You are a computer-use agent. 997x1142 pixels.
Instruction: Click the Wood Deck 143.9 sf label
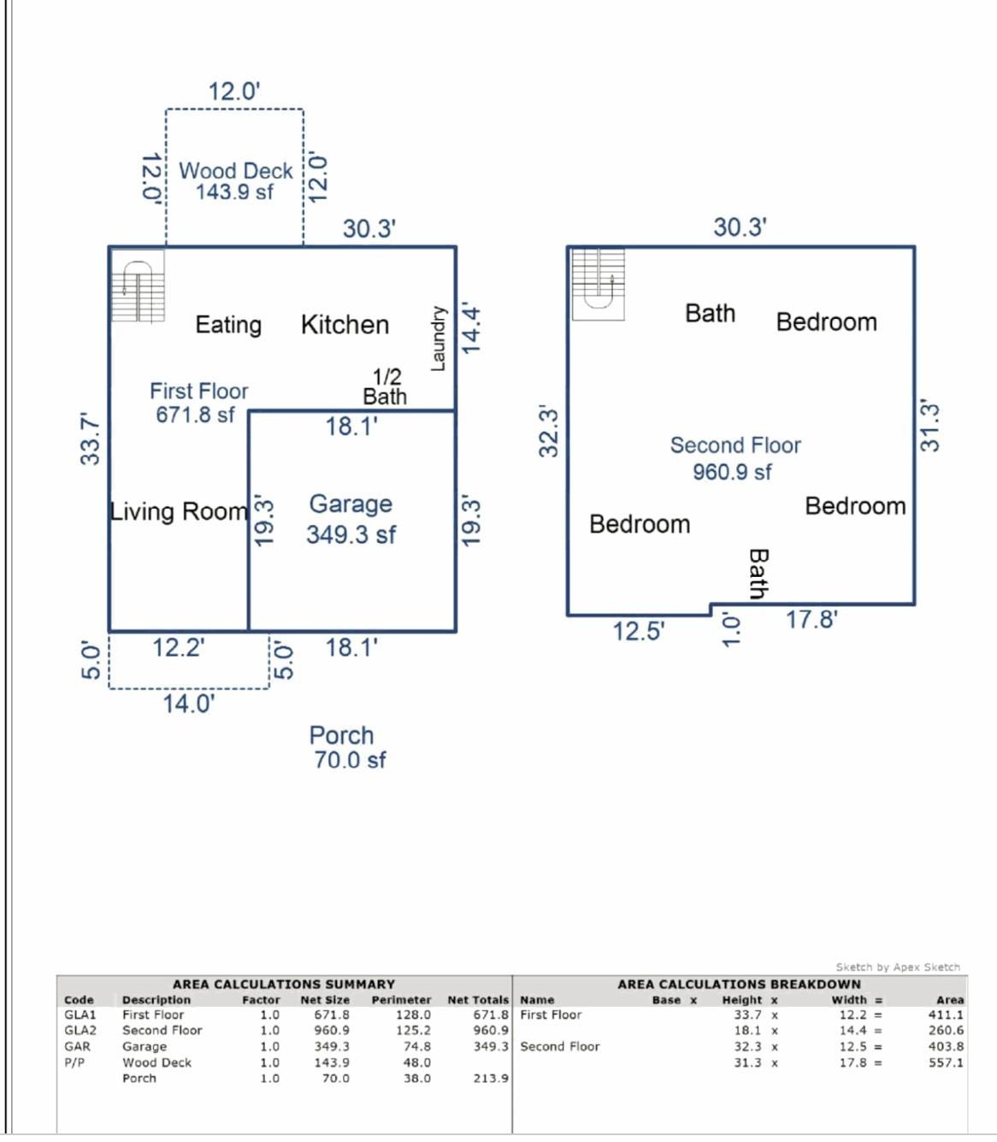point(235,181)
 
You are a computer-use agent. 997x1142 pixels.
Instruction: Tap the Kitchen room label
point(345,325)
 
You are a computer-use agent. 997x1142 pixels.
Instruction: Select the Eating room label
point(228,325)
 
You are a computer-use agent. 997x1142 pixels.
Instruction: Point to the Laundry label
point(438,338)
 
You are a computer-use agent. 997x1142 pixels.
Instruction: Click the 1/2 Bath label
point(386,386)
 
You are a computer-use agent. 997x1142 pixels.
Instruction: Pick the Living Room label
point(179,511)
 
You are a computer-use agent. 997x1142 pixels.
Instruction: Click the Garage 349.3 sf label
point(351,519)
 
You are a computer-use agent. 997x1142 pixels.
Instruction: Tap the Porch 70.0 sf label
point(346,747)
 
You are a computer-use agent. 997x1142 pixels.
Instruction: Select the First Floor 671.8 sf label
point(198,403)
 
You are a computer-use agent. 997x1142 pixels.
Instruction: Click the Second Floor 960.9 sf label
point(734,458)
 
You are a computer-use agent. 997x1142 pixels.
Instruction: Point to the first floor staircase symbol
point(138,286)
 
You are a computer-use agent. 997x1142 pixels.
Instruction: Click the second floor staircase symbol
point(598,284)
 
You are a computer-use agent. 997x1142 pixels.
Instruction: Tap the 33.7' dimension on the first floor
point(90,439)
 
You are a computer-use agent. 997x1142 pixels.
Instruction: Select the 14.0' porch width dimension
point(189,703)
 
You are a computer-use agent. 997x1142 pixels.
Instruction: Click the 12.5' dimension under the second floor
point(638,632)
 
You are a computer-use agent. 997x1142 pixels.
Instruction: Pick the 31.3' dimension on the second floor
point(929,425)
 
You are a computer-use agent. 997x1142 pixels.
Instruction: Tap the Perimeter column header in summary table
point(401,999)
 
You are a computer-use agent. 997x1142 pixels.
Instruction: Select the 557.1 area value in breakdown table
point(946,1063)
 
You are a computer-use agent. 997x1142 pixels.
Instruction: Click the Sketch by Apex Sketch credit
point(898,967)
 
